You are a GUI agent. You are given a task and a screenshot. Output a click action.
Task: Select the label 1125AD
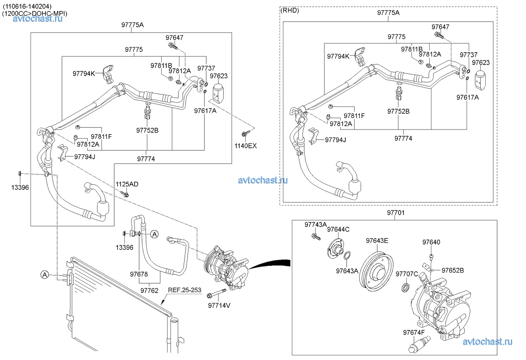(127, 184)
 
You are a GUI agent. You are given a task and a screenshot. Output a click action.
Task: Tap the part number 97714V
(219, 305)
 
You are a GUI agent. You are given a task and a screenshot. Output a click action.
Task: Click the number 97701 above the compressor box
(395, 213)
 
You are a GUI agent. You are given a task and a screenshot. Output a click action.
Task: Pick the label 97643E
(377, 241)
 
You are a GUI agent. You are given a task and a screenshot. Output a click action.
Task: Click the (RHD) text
(290, 11)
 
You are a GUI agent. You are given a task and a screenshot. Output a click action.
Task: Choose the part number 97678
(139, 274)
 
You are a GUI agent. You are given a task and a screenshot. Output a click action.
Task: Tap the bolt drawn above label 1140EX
(245, 134)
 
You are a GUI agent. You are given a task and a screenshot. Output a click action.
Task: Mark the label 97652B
(453, 270)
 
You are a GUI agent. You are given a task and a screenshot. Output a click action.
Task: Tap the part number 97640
(431, 242)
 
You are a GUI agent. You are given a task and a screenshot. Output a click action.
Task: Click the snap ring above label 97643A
(347, 256)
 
